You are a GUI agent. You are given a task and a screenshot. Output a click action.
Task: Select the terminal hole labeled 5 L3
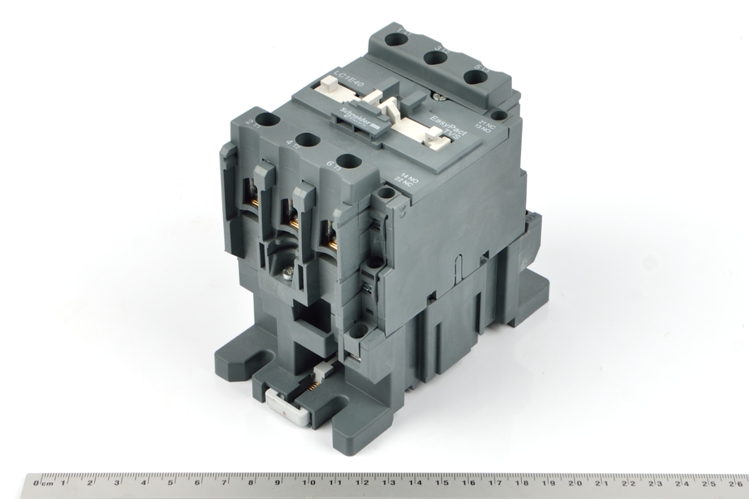click(475, 77)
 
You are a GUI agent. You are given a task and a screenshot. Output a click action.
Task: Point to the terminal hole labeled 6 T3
click(350, 162)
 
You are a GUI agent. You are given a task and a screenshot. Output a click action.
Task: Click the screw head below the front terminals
click(289, 269)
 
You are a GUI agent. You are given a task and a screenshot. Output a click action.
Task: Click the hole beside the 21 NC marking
click(497, 115)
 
